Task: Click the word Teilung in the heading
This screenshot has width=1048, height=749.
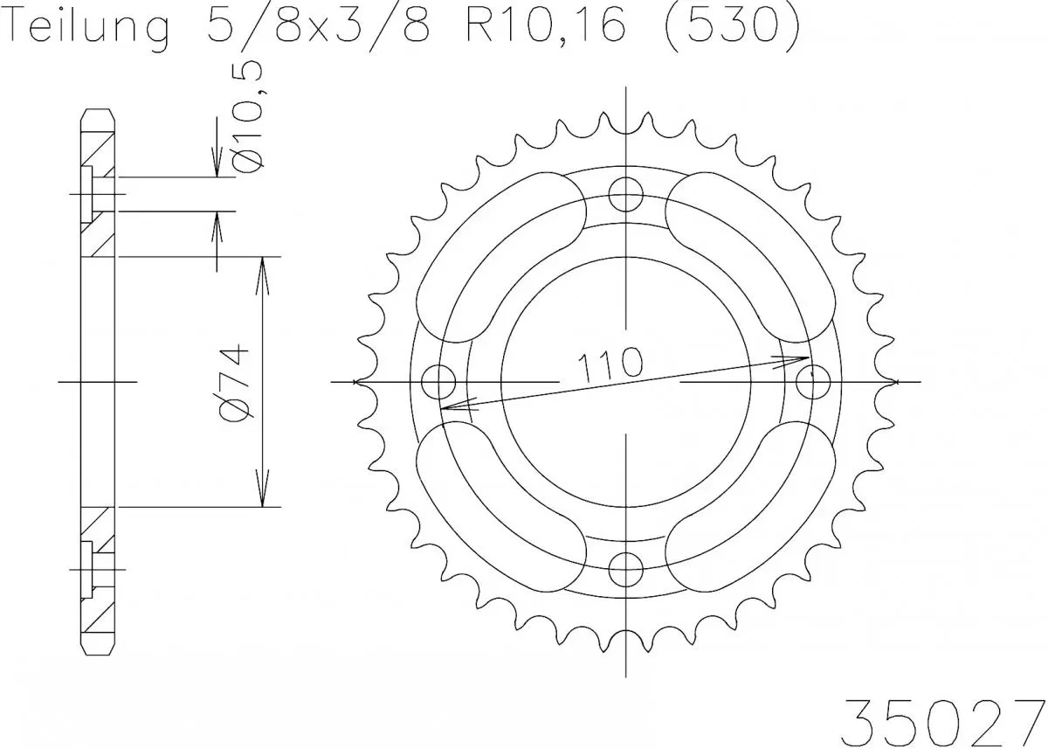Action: [x=87, y=27]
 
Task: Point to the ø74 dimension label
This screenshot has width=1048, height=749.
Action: [x=237, y=384]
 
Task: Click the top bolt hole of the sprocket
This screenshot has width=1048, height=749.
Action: [x=626, y=195]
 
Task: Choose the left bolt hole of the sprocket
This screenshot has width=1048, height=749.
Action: [x=439, y=382]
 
